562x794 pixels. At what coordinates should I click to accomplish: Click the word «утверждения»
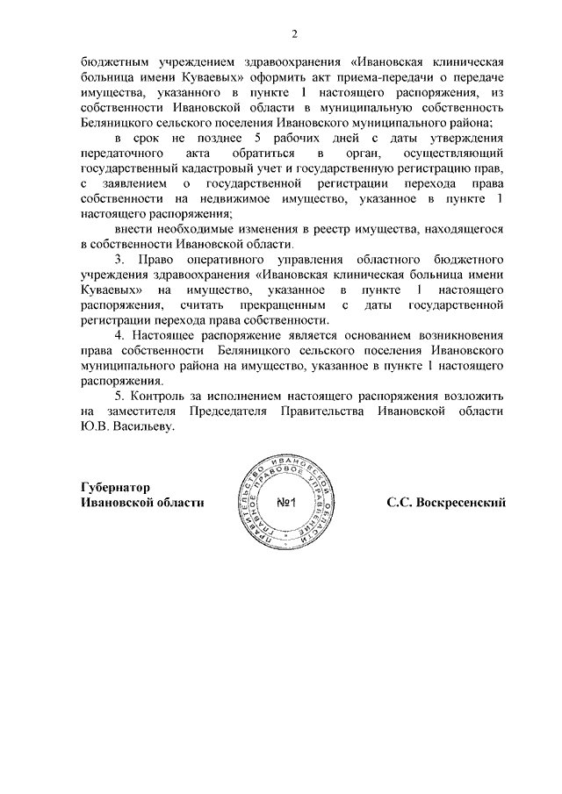click(466, 139)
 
